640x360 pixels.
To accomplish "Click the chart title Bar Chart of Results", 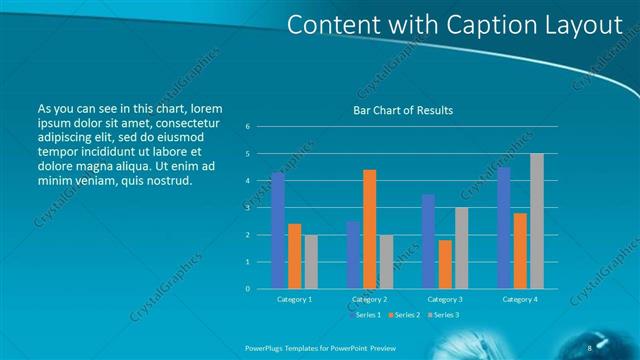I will (404, 110).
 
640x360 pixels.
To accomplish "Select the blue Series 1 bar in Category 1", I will (278, 230).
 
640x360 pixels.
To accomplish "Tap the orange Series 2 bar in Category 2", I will (369, 228).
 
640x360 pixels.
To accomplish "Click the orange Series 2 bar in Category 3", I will (444, 264).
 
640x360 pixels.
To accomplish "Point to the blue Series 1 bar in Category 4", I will (503, 227).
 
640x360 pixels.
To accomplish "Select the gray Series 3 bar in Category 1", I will (311, 261).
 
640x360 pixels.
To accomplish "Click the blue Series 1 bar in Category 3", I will (428, 241).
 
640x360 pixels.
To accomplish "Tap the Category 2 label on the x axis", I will (369, 299).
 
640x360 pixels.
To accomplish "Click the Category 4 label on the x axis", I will (519, 299).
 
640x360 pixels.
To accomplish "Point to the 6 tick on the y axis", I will (247, 126).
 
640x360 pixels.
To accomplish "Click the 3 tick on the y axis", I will (247, 207).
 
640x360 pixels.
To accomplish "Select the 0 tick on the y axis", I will (247, 288).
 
